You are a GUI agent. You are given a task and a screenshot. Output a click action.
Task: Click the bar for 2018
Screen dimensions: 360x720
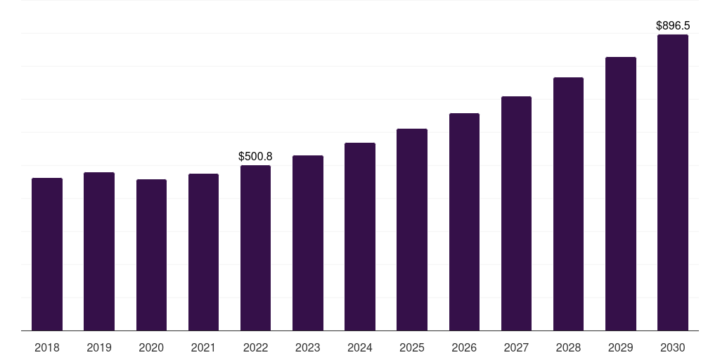(47, 254)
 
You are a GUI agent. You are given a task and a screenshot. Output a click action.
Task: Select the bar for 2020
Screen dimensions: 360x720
(151, 255)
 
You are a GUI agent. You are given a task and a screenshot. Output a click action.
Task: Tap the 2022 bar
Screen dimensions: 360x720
(255, 247)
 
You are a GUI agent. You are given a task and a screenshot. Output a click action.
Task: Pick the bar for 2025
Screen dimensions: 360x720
(412, 229)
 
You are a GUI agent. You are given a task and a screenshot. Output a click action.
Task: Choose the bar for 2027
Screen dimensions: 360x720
(516, 213)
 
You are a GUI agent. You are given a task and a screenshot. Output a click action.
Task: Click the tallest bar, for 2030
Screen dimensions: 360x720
(672, 182)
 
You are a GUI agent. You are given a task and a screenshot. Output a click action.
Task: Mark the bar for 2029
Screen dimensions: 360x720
(620, 193)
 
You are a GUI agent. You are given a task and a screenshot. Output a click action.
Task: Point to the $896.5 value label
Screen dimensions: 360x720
(672, 25)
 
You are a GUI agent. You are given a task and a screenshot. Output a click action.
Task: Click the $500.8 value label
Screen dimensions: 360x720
(255, 156)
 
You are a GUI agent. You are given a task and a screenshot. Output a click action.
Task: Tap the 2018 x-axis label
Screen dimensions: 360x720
(47, 347)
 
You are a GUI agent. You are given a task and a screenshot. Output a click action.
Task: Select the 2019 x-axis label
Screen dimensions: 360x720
(99, 347)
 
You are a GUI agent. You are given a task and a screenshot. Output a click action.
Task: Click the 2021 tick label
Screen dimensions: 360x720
(203, 347)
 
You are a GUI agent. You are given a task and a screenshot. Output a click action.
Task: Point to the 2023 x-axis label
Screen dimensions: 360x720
(307, 347)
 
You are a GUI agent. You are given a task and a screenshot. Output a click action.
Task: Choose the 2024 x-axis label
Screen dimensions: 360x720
(360, 347)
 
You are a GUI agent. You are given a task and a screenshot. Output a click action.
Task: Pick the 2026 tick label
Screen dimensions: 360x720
(464, 347)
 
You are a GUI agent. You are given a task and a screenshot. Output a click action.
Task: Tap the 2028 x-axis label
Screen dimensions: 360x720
(568, 347)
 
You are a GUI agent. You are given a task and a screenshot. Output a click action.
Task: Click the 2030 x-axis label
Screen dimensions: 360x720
(672, 347)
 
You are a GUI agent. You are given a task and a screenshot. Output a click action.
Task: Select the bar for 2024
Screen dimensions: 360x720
(360, 236)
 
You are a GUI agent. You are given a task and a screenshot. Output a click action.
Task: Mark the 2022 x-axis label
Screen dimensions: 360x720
(255, 347)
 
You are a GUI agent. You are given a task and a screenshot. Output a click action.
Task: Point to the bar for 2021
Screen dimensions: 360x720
(203, 252)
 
